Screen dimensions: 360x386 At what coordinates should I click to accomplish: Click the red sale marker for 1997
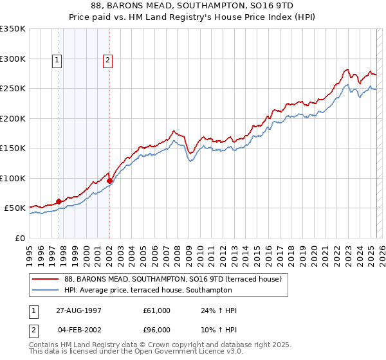tap(59, 201)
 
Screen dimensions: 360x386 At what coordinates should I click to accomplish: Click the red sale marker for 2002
tap(109, 181)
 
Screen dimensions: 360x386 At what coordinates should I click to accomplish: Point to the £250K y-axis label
tap(13, 88)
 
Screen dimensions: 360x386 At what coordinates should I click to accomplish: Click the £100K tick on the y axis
tap(13, 178)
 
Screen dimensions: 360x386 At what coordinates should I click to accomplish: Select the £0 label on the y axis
tap(20, 238)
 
